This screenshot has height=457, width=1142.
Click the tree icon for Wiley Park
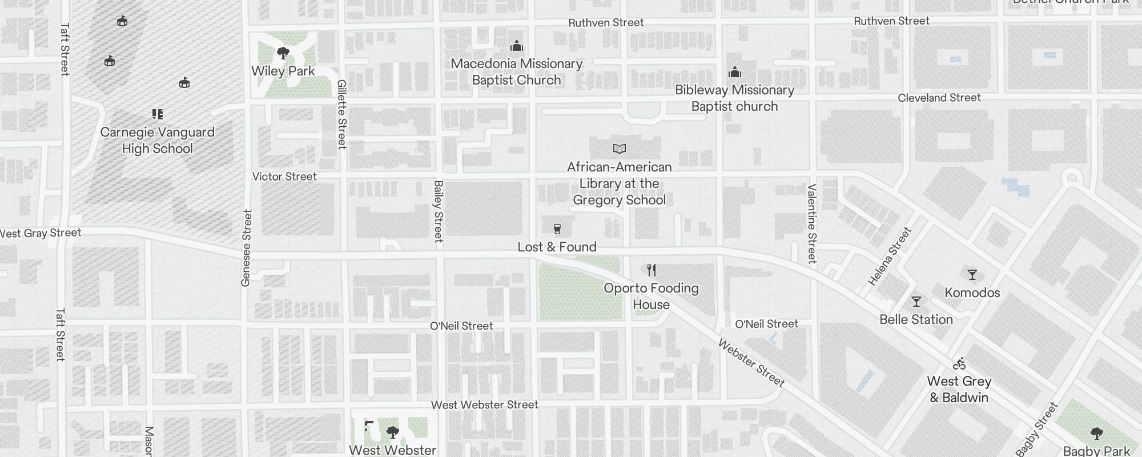pyautogui.click(x=283, y=54)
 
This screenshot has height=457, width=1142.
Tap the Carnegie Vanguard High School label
pyautogui.click(x=158, y=141)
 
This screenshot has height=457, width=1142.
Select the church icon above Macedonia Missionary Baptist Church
pyautogui.click(x=517, y=46)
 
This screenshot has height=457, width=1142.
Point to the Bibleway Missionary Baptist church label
pyautogui.click(x=734, y=98)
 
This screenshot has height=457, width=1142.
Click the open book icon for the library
pyautogui.click(x=620, y=149)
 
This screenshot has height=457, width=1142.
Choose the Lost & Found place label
pyautogui.click(x=557, y=247)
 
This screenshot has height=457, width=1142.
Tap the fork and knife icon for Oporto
pyautogui.click(x=652, y=270)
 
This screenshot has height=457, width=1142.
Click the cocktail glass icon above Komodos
pyautogui.click(x=972, y=275)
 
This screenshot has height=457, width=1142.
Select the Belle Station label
pyautogui.click(x=916, y=319)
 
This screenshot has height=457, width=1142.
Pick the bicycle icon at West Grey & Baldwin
pyautogui.click(x=959, y=363)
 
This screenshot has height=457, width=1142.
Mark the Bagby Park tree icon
pyautogui.click(x=1096, y=433)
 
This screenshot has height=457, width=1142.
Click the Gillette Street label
pyautogui.click(x=342, y=114)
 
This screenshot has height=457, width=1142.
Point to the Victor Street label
pyautogui.click(x=284, y=177)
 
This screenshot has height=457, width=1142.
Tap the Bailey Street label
pyautogui.click(x=439, y=211)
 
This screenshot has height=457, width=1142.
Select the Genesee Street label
pyautogui.click(x=247, y=248)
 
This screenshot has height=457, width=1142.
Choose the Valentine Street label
pyautogui.click(x=812, y=223)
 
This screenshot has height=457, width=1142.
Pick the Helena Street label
pyautogui.click(x=890, y=256)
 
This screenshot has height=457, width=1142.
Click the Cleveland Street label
pyautogui.click(x=939, y=98)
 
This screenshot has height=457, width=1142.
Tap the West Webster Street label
pyautogui.click(x=484, y=405)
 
